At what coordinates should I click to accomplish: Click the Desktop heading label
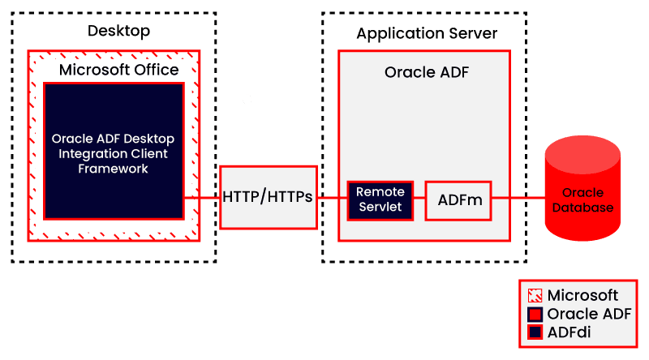coord(118,32)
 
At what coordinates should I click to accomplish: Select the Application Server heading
coord(426,33)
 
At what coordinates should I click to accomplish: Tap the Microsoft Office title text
coord(118,70)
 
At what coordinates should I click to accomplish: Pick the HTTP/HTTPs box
coord(268,196)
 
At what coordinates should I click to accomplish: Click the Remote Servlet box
coord(380,199)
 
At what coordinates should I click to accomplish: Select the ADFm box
coord(458,199)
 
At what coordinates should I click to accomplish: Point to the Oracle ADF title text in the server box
coord(426,72)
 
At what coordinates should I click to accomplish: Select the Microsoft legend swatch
coord(535,296)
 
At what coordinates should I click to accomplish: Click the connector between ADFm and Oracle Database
coord(519,197)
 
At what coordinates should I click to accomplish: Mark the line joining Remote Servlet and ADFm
coord(419,197)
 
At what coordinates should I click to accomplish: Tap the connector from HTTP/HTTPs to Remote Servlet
coord(331,197)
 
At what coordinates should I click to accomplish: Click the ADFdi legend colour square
coord(535,332)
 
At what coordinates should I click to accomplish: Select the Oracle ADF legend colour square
coord(535,314)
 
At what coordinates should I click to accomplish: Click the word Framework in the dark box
coord(113,169)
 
